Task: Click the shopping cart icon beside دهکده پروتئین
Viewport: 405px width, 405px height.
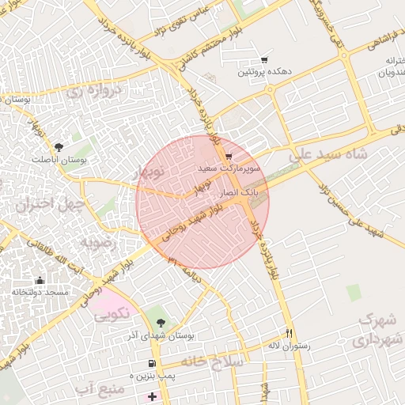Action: tap(264, 60)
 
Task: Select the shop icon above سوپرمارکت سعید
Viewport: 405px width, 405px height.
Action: tap(229, 157)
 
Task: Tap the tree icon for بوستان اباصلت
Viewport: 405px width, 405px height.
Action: tap(58, 146)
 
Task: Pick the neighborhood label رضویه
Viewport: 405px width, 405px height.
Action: tap(97, 242)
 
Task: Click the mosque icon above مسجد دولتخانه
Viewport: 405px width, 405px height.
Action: tap(40, 280)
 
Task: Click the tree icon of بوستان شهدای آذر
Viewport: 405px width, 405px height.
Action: tap(161, 323)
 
